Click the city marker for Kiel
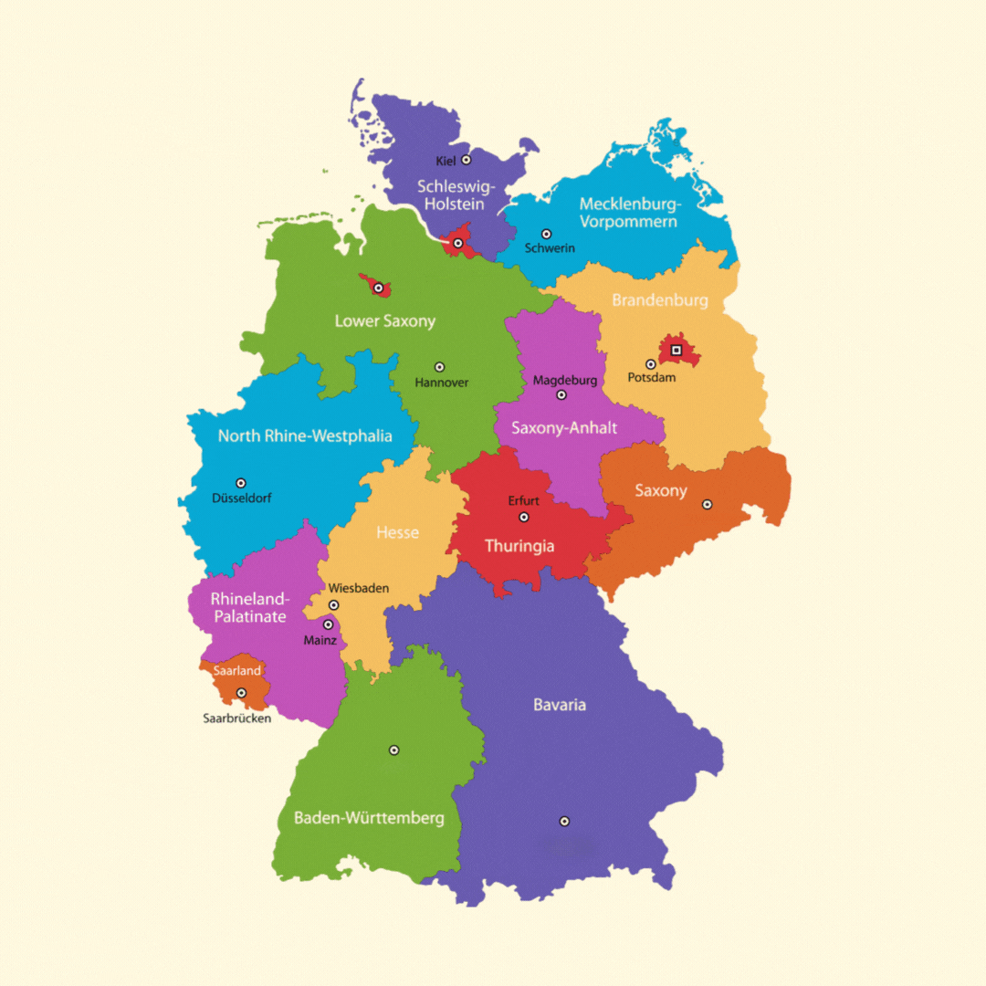click(x=466, y=160)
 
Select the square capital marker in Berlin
click(x=676, y=350)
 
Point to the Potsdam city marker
click(x=651, y=364)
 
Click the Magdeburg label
click(x=564, y=380)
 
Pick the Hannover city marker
click(x=439, y=367)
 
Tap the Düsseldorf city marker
click(x=241, y=483)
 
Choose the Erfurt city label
click(x=523, y=501)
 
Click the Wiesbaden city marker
click(x=334, y=604)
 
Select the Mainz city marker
click(x=328, y=624)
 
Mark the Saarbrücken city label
click(x=236, y=719)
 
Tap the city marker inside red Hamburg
click(x=458, y=243)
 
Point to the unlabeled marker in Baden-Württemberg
click(x=394, y=750)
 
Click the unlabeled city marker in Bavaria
click(x=564, y=821)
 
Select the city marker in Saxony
click(x=707, y=504)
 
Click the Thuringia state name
click(x=519, y=546)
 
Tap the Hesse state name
click(x=397, y=532)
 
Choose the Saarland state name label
click(x=236, y=670)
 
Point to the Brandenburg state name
click(x=659, y=300)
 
